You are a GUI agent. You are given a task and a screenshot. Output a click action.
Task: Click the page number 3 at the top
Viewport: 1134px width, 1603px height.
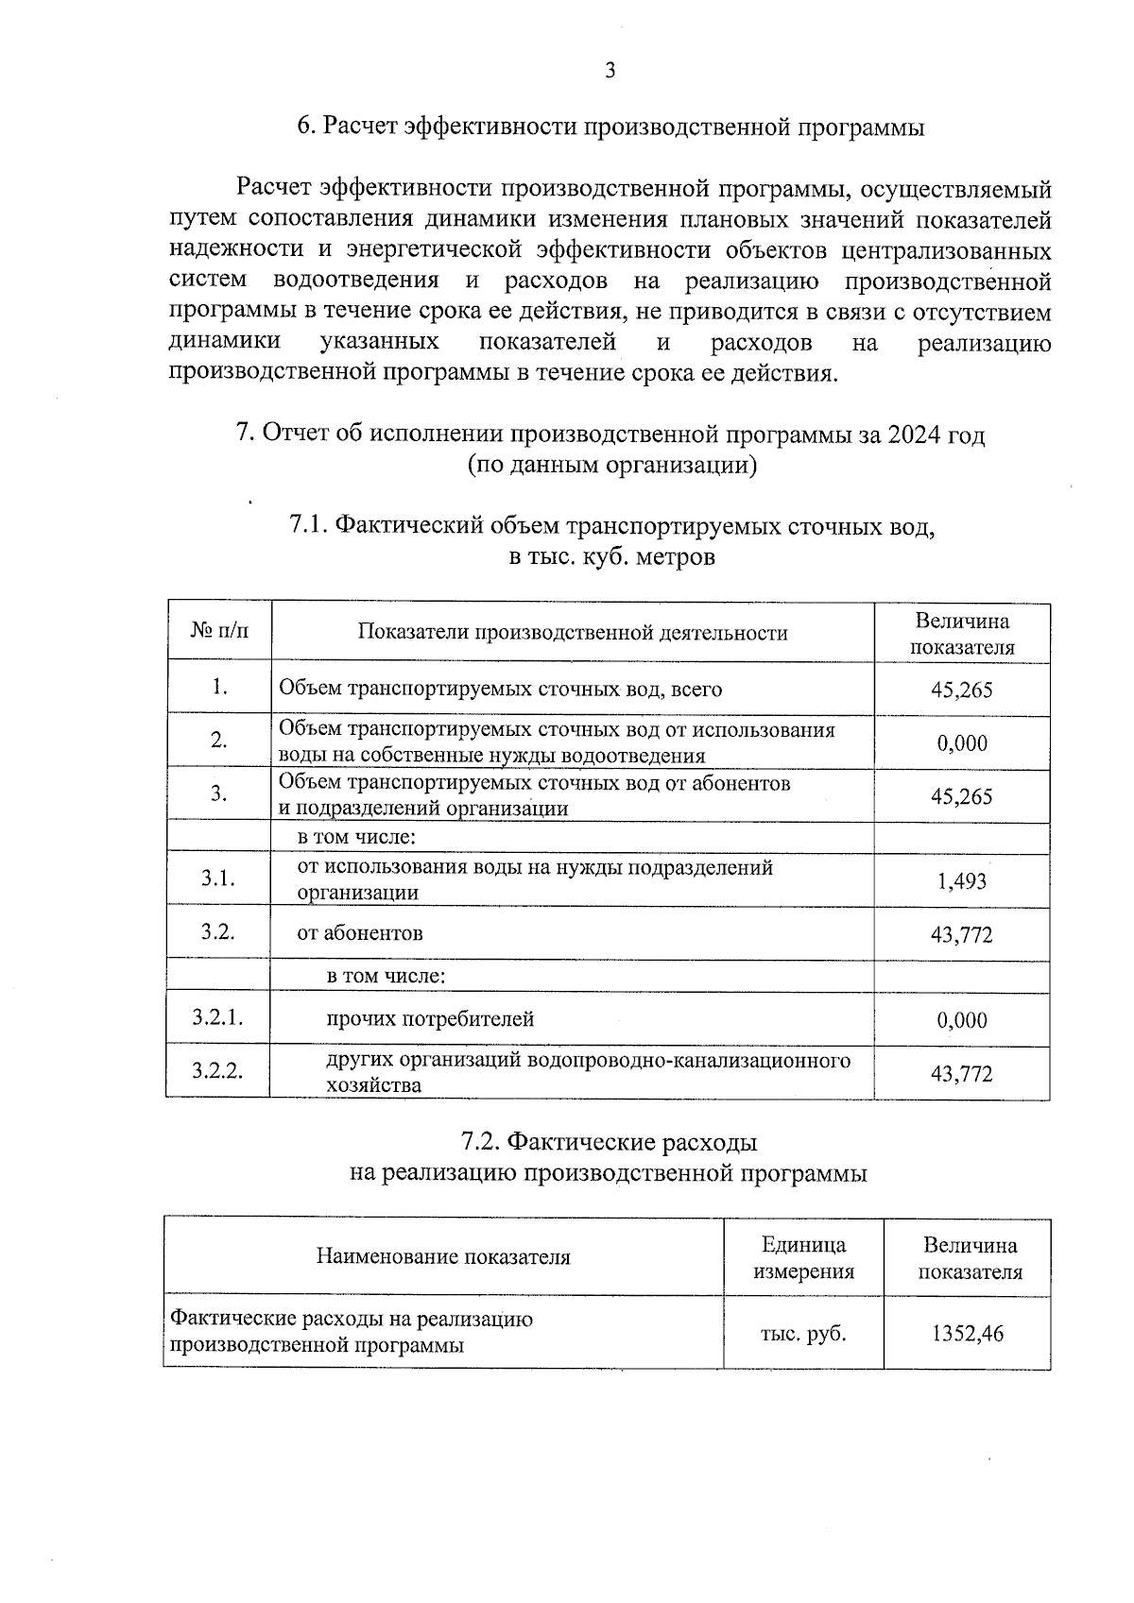tap(610, 70)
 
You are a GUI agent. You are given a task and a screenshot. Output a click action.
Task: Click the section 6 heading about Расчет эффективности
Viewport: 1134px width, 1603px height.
tap(610, 128)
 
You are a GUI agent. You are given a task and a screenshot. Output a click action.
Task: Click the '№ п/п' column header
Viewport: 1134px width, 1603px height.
tap(219, 631)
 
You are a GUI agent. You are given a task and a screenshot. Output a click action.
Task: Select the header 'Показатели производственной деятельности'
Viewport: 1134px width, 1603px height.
tap(572, 633)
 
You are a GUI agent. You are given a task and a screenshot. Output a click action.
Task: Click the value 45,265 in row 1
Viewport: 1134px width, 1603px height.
tap(961, 690)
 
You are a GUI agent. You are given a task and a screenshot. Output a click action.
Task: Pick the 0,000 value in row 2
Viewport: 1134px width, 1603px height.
tap(961, 743)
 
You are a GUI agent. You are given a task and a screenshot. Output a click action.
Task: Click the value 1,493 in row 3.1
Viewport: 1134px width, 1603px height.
tap(961, 881)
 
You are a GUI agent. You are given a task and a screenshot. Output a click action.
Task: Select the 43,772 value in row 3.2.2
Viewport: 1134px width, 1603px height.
tap(961, 1073)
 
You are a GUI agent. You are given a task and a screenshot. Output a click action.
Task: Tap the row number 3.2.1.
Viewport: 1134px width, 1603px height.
tap(218, 1017)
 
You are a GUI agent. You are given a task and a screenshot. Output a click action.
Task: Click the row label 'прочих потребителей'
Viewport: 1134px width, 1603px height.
tap(430, 1019)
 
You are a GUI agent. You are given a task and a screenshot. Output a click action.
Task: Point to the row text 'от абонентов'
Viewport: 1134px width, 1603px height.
tap(360, 933)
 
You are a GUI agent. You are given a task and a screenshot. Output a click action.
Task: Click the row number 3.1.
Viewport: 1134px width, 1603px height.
tap(218, 878)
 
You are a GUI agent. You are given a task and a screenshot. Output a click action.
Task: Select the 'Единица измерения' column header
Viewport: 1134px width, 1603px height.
tap(803, 1258)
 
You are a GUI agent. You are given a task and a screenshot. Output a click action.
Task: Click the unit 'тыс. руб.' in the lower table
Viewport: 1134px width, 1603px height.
tap(803, 1334)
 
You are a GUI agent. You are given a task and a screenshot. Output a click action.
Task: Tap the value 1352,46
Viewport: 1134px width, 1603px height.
tap(967, 1334)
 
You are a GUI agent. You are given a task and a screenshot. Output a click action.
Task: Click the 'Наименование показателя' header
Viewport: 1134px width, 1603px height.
tap(443, 1257)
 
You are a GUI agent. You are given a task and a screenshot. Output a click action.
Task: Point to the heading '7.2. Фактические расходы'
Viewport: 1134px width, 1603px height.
tap(610, 1142)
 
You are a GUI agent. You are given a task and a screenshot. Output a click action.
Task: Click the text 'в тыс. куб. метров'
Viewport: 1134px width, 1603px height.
tap(611, 556)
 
